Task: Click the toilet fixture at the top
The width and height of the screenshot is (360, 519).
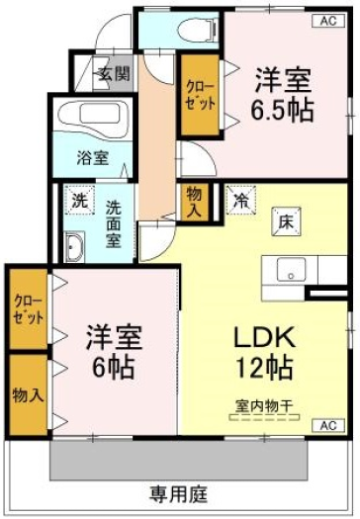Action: pyautogui.click(x=198, y=30)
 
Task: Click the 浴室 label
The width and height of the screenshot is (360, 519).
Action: pyautogui.click(x=93, y=158)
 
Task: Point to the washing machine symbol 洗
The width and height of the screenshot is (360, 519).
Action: pyautogui.click(x=80, y=201)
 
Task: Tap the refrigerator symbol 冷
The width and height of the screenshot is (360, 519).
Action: pyautogui.click(x=241, y=200)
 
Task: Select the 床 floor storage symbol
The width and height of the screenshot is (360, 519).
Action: pyautogui.click(x=286, y=221)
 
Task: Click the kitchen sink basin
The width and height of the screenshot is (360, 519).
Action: pyautogui.click(x=291, y=270)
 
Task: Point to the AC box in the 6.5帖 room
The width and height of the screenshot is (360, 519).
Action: pyautogui.click(x=328, y=21)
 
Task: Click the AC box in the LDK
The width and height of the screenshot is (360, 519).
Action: pyautogui.click(x=328, y=425)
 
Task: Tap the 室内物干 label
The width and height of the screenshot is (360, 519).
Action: pyautogui.click(x=264, y=405)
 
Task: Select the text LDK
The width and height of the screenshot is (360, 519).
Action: pyautogui.click(x=264, y=337)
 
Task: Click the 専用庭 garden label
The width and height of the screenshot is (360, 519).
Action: pyautogui.click(x=178, y=494)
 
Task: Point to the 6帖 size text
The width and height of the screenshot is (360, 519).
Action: pyautogui.click(x=114, y=367)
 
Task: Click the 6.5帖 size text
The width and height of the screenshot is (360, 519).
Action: pyautogui.click(x=282, y=109)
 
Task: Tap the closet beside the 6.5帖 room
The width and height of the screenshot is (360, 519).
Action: pyautogui.click(x=200, y=95)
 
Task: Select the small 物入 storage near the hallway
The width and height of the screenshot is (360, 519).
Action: pyautogui.click(x=194, y=202)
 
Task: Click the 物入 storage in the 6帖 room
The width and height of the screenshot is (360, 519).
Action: pyautogui.click(x=28, y=394)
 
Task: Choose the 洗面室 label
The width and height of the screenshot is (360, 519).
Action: pyautogui.click(x=114, y=224)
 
